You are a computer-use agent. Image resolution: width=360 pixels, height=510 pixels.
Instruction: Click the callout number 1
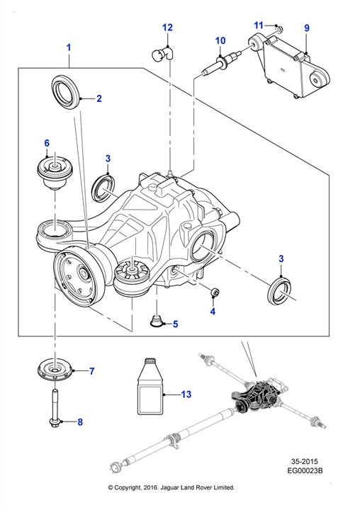tap(68, 47)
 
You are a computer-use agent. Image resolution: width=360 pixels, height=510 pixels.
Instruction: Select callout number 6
tap(47, 143)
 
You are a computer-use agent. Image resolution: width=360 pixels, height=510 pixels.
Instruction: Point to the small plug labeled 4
tap(215, 293)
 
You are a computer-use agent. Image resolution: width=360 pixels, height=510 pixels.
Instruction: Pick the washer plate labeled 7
tap(55, 370)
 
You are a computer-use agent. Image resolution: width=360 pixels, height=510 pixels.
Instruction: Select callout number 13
tap(186, 395)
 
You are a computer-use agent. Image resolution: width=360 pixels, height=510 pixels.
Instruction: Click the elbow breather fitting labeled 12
tap(162, 54)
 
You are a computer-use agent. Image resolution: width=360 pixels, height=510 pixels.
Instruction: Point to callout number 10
tap(220, 40)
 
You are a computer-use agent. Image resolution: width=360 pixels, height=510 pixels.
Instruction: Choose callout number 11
tap(259, 25)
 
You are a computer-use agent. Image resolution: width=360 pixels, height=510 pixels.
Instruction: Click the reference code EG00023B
tap(305, 470)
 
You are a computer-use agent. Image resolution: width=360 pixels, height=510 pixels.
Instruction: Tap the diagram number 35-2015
tap(305, 461)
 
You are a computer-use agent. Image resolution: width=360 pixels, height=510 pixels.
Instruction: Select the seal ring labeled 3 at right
tap(279, 290)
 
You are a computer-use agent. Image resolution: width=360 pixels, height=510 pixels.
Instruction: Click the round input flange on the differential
tap(75, 276)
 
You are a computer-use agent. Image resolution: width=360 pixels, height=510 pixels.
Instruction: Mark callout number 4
tap(213, 312)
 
